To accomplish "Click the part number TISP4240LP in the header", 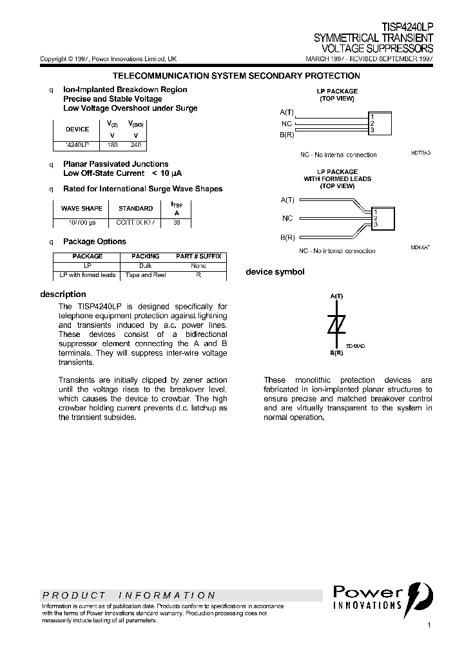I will pos(407,28).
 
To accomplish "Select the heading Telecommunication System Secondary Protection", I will pos(236,76).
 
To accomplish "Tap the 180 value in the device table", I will pos(113,145).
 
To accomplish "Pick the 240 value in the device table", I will pos(135,145).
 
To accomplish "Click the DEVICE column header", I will pos(78,129).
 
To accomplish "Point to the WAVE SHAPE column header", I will pos(81,209).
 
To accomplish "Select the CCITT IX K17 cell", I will pos(135,222).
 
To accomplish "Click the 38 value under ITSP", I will pos(177,222).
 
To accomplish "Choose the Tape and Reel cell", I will pos(146,275).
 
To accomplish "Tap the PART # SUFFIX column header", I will pos(198,256).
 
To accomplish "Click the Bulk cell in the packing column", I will pos(146,265).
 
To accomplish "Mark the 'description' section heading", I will pos(63,294).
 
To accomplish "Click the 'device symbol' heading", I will pos(275,272).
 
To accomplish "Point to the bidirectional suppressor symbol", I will pos(336,326).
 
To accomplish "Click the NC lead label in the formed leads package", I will pos(287,218).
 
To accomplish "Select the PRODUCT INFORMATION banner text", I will pos(129,595).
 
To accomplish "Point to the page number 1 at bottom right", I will pos(429,626).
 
